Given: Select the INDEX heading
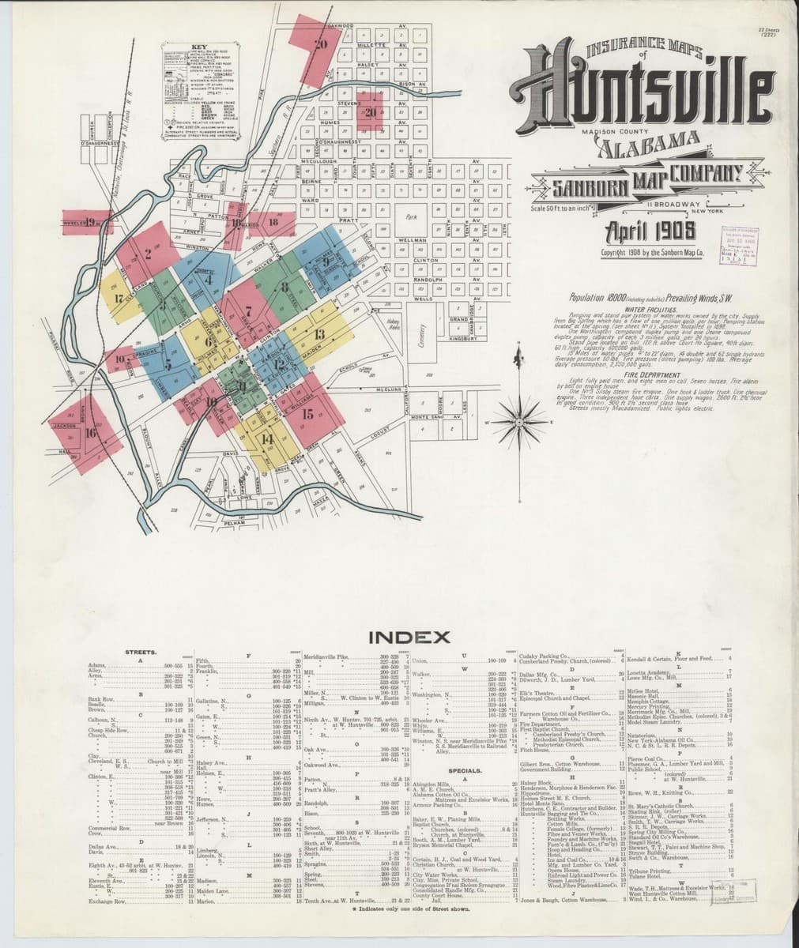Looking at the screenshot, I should point(409,637).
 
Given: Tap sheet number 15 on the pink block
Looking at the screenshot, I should point(307,412).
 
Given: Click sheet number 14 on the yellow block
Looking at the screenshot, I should point(267,439).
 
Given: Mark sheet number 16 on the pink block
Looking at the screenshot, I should point(91,432).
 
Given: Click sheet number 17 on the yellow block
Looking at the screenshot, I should point(119,299).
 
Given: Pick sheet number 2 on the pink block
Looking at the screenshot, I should point(147,254).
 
